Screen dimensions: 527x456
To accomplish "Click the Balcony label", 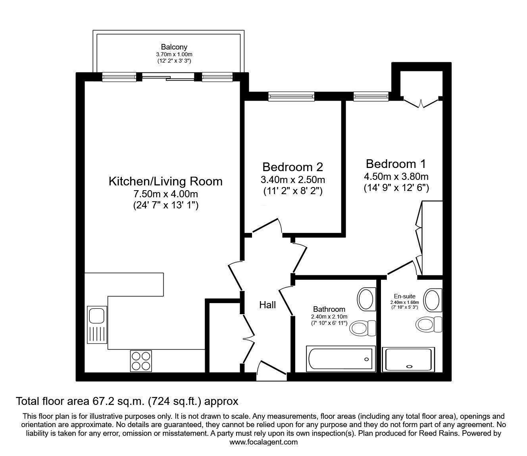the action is [x=174, y=47].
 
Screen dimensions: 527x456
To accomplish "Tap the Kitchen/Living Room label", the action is [x=166, y=181].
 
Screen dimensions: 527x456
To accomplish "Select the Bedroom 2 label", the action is [x=293, y=167].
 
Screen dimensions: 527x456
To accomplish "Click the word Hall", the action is [x=267, y=305].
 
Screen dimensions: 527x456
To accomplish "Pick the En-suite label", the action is [x=405, y=296].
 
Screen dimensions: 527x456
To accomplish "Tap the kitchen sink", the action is [x=97, y=324].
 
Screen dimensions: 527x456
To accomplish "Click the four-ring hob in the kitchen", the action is [x=141, y=361].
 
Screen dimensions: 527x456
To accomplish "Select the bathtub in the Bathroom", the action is [x=340, y=359].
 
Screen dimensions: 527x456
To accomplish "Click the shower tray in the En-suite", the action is [x=408, y=359].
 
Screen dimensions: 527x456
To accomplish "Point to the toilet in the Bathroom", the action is [x=362, y=328].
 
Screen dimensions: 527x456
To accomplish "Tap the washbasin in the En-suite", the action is [x=433, y=300].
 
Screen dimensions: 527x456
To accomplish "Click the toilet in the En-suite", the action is [x=429, y=324].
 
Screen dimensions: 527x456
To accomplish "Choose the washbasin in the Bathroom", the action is [x=366, y=299].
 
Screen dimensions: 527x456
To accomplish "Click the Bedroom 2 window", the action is [x=291, y=96].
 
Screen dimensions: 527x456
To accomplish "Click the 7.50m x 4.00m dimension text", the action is [x=166, y=194].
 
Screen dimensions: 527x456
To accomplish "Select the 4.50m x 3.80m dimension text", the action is [x=396, y=176].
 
